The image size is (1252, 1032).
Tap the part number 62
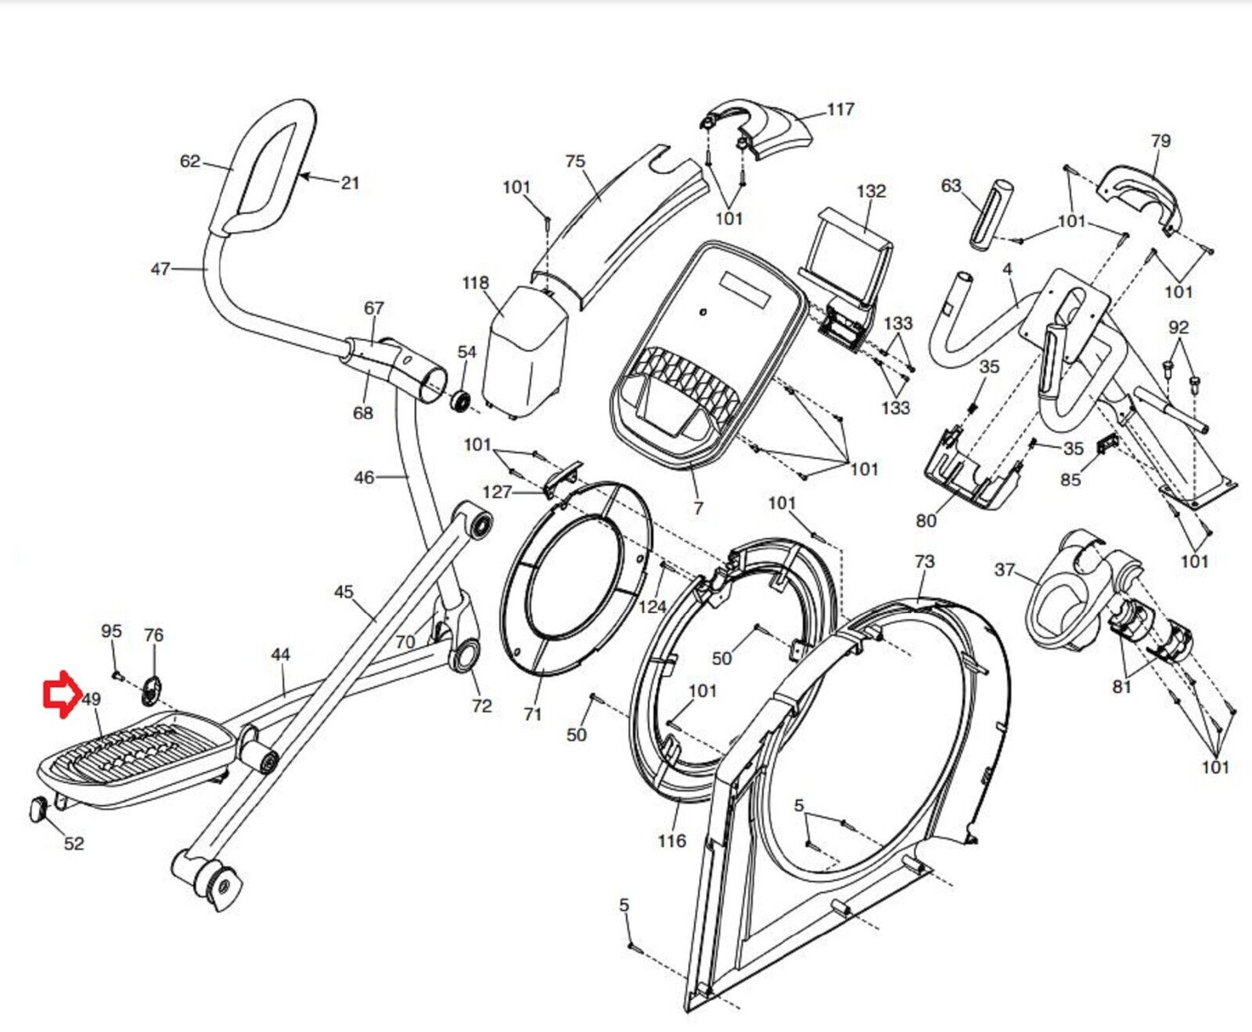[x=189, y=162]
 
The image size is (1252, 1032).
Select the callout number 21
[x=350, y=183]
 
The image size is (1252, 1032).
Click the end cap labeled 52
[x=38, y=808]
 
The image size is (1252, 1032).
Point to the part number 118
[x=475, y=283]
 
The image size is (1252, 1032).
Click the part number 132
[x=871, y=191]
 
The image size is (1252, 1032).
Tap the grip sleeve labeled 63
[x=990, y=214]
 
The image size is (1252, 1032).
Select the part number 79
[x=1160, y=141]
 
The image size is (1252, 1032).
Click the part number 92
[x=1178, y=327]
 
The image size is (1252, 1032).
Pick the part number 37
[x=1005, y=569]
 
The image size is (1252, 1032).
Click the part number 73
[x=924, y=561]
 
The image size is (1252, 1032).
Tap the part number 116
[x=671, y=841]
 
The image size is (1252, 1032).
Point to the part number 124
[x=652, y=607]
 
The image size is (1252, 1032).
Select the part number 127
[x=497, y=493]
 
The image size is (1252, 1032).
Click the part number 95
[x=111, y=631]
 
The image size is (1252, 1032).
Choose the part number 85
[x=1070, y=479]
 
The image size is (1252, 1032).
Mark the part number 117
[x=840, y=110]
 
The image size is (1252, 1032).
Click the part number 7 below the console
[x=698, y=508]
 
